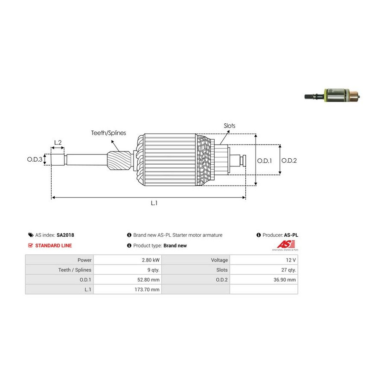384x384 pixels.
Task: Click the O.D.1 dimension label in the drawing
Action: pos(264,161)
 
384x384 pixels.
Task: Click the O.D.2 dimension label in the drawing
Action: pos(289,161)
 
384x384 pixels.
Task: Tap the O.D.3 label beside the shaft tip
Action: pos(35,160)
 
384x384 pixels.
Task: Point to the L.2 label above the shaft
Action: pos(58,143)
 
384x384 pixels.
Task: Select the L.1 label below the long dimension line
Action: pos(154,204)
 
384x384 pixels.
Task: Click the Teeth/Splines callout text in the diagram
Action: pos(108,133)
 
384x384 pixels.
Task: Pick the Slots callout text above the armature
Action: pos(230,126)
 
